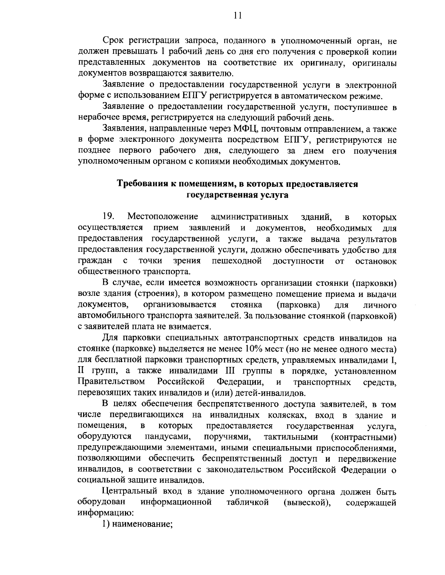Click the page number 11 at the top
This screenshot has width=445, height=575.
238,15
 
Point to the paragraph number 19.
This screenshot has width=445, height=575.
109,216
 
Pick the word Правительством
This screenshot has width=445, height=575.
111,381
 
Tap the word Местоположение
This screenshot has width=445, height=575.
162,216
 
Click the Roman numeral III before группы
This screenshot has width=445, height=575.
232,371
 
